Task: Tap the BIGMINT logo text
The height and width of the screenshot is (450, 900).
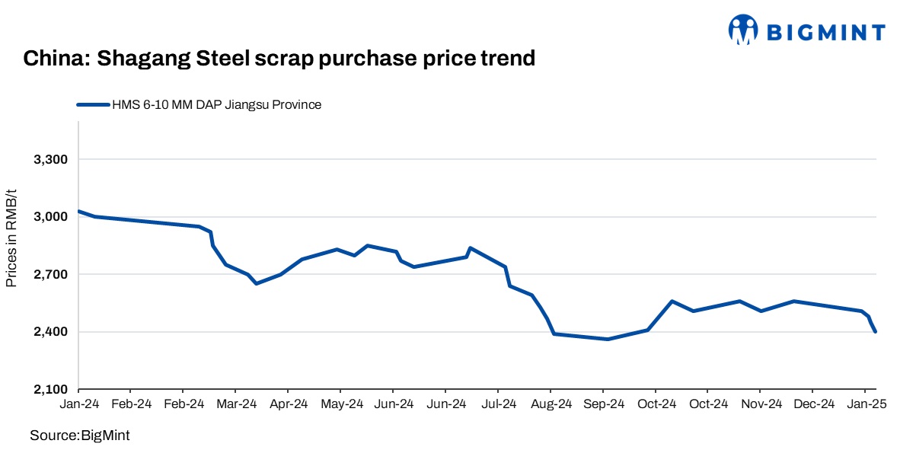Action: point(825,32)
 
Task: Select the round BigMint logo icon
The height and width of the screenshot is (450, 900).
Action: point(743,30)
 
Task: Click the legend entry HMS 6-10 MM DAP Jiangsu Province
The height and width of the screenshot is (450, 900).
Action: point(216,105)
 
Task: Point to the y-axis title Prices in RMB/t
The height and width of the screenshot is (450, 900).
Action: point(11,239)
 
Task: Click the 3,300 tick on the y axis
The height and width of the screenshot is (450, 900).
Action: point(51,160)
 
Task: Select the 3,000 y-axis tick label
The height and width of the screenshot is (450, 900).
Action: point(51,217)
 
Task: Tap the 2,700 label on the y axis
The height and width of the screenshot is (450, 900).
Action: point(51,274)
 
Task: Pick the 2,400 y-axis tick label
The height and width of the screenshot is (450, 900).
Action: point(51,332)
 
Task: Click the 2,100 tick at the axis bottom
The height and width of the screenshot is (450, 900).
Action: point(51,390)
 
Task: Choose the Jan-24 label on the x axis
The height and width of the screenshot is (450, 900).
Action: point(78,404)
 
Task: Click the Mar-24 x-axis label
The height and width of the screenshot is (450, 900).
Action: point(237,404)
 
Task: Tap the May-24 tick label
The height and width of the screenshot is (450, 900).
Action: point(342,404)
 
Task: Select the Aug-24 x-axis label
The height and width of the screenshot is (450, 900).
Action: point(552,404)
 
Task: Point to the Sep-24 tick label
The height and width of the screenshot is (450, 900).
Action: point(605,404)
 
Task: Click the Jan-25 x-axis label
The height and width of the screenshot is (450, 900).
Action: point(866,404)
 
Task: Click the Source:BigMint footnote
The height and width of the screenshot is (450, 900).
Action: point(80,436)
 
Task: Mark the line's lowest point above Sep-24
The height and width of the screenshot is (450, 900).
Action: point(608,339)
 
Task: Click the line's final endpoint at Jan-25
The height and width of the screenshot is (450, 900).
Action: point(876,331)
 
